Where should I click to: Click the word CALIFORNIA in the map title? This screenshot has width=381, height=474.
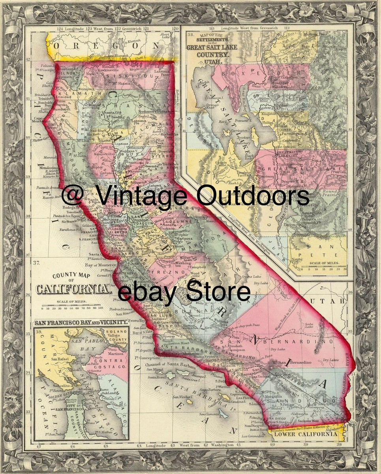[73, 289]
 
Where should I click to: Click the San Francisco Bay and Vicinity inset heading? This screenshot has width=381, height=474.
[81, 323]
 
